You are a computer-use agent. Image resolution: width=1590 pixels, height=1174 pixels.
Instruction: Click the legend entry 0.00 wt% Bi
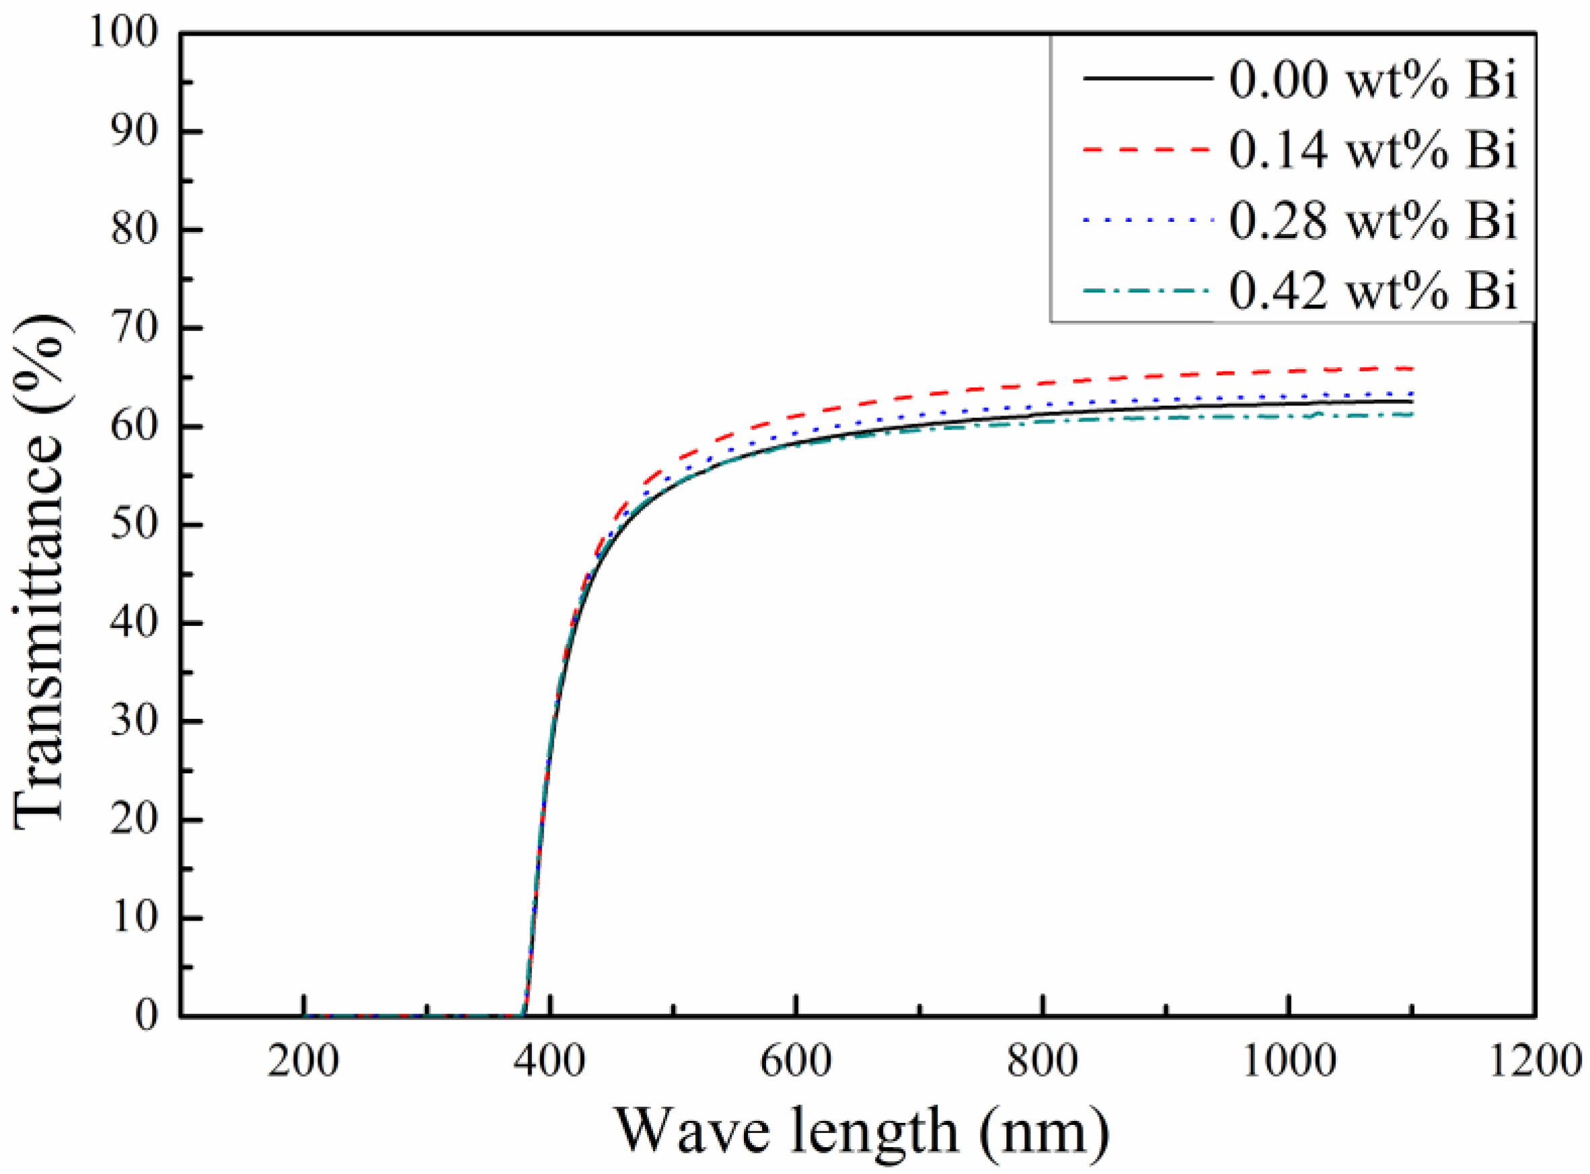[x=1373, y=79]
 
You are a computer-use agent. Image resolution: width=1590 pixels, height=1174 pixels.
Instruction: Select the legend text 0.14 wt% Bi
[x=1373, y=150]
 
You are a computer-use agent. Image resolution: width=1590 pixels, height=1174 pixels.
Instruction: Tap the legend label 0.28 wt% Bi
[x=1373, y=221]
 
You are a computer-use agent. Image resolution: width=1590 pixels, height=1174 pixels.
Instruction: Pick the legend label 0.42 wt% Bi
[x=1373, y=290]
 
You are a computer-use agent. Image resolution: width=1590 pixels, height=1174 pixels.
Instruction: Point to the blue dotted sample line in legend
[x=1147, y=221]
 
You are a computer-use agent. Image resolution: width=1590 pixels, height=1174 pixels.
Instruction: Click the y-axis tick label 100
[x=123, y=34]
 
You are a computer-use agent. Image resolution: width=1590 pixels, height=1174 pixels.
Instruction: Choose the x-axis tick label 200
[x=303, y=1062]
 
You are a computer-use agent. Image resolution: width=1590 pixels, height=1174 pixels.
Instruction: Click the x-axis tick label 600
[x=796, y=1062]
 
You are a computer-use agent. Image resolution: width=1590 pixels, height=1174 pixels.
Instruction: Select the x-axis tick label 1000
[x=1288, y=1062]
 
